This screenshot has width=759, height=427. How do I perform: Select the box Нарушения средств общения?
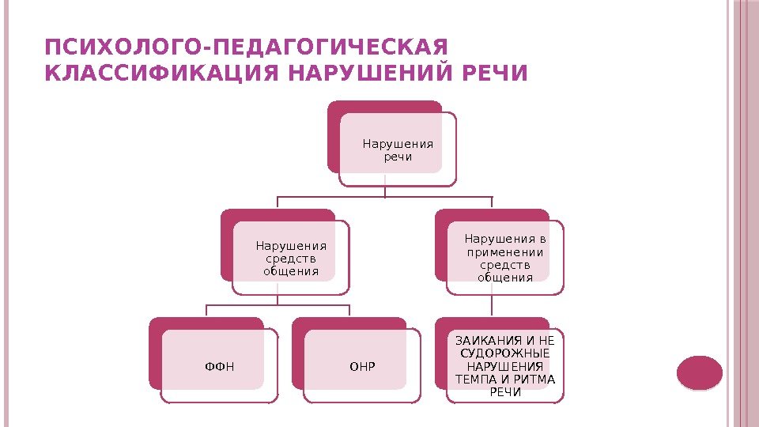tap(290, 258)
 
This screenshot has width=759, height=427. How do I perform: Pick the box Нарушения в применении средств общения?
tap(505, 257)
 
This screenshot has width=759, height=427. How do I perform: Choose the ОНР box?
tap(362, 367)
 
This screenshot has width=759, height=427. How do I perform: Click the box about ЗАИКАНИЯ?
tap(505, 365)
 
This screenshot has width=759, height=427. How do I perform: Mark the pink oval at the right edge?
tap(700, 373)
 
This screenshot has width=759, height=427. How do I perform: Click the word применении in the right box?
tap(505, 252)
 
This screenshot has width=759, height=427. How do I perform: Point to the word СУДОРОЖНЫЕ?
tap(505, 353)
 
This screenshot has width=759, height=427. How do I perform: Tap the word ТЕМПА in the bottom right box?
tap(474, 379)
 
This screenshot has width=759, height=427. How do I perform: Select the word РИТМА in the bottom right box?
tap(537, 379)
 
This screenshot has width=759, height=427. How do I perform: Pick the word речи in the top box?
tap(398, 157)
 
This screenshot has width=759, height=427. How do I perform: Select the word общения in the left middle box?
tap(290, 271)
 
